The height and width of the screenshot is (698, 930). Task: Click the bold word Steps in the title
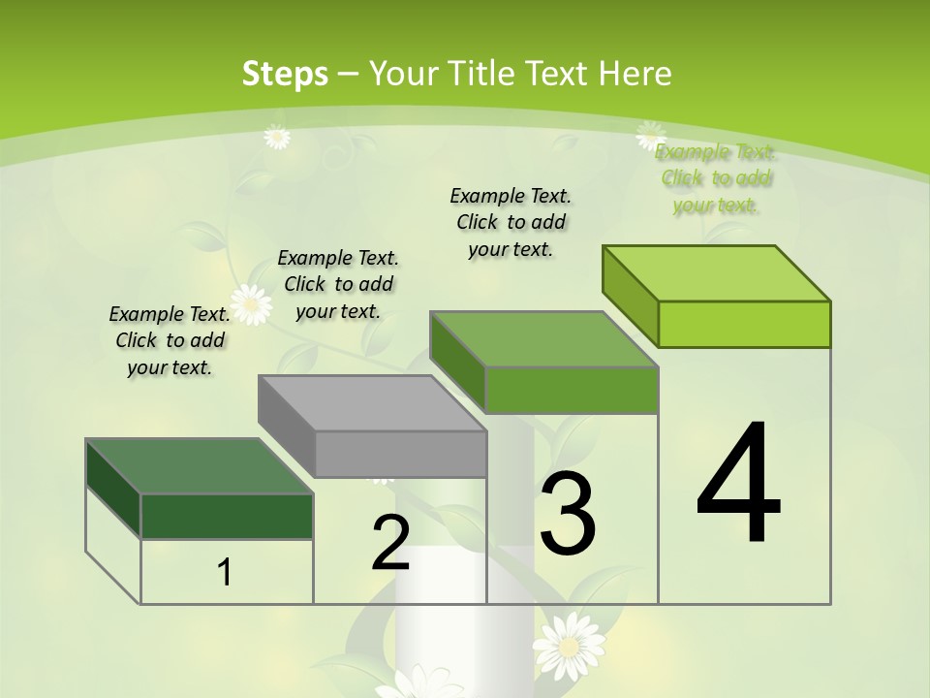(285, 74)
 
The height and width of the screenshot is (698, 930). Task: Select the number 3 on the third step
(568, 514)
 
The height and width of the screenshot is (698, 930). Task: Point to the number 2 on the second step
(390, 543)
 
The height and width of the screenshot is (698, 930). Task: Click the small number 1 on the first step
(225, 573)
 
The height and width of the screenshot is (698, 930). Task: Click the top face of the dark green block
(200, 466)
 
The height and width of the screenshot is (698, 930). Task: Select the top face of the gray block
(372, 403)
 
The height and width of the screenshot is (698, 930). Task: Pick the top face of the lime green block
(717, 273)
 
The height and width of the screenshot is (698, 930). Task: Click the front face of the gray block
(400, 454)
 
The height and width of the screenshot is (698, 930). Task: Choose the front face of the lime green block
(744, 324)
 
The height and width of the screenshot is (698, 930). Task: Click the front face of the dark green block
(227, 516)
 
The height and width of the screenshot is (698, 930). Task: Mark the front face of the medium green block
(572, 390)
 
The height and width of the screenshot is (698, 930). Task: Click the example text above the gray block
(338, 284)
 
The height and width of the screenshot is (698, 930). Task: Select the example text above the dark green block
(170, 340)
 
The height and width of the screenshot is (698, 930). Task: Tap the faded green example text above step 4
(716, 178)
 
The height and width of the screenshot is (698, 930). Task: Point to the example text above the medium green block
(511, 222)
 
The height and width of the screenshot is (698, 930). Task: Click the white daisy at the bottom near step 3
(569, 646)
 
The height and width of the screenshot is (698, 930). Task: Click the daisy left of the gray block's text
(252, 304)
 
